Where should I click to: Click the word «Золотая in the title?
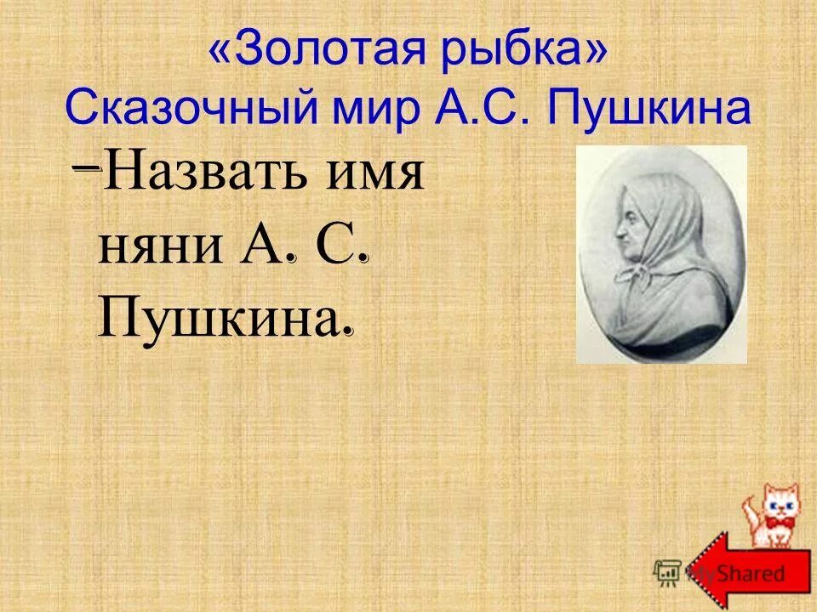[307, 52]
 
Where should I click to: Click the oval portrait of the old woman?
[661, 254]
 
